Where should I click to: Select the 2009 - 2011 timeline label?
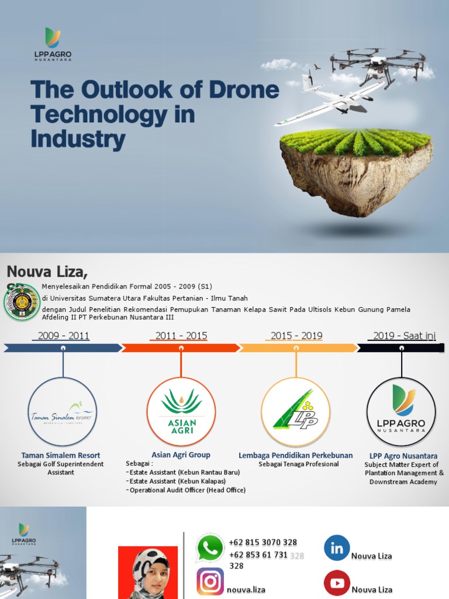[63, 336]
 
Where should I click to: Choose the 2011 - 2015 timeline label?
[181, 336]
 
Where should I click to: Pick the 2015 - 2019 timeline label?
[296, 336]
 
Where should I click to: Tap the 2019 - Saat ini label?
[404, 336]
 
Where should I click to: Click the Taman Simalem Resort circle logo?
[63, 412]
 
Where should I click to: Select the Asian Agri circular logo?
[181, 412]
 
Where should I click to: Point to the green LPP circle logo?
[296, 412]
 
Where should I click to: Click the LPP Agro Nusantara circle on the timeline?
[401, 412]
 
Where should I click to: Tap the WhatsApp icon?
[210, 548]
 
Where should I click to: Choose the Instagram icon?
[210, 581]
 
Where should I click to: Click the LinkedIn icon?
[337, 548]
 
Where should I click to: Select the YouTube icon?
[337, 583]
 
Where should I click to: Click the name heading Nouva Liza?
[47, 271]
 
